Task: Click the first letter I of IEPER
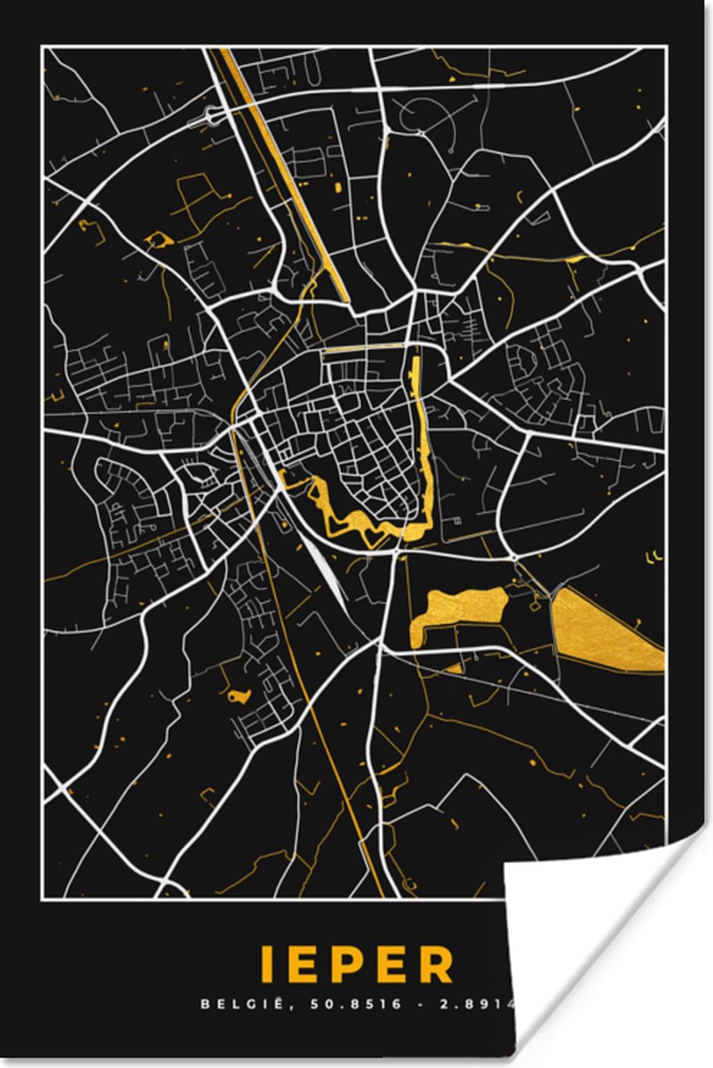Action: [x=265, y=965]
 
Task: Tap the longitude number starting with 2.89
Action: [x=485, y=1004]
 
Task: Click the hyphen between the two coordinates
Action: [x=417, y=1004]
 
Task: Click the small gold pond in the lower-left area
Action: [x=239, y=696]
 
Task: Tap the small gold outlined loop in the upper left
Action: [x=158, y=239]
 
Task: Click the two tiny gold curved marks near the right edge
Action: [x=655, y=557]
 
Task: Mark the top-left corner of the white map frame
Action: [x=43, y=49]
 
